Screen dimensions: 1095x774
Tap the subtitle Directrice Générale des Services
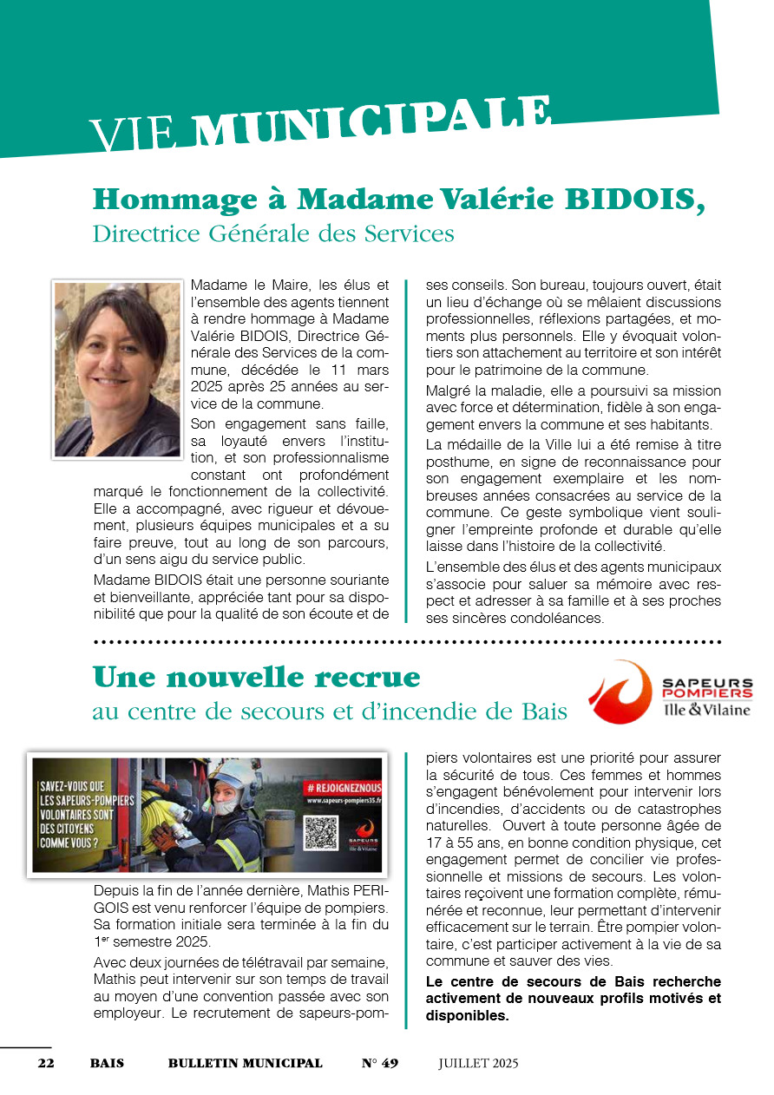(x=273, y=233)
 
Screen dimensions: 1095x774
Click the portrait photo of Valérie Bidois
(x=117, y=369)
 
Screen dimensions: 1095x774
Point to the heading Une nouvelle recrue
(x=256, y=676)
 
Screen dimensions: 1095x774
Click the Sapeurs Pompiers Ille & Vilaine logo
(x=670, y=692)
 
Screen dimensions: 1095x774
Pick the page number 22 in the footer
(x=46, y=1063)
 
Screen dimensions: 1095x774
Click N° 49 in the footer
(x=379, y=1063)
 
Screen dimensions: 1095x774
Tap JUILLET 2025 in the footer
(x=478, y=1063)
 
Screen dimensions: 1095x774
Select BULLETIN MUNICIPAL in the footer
(x=245, y=1063)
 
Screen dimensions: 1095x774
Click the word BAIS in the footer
(x=107, y=1063)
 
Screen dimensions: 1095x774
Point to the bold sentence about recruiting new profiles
(x=573, y=998)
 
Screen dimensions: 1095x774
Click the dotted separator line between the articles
(x=406, y=642)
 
